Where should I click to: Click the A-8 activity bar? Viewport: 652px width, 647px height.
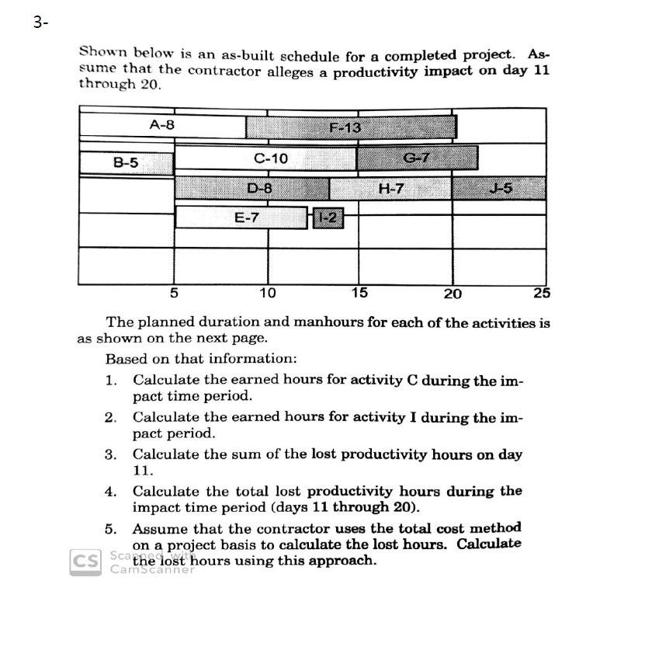pos(163,125)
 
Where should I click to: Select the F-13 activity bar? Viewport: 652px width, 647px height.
pos(351,127)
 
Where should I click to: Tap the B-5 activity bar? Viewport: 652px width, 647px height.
pos(126,162)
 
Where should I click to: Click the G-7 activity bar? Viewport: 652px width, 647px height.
pos(417,159)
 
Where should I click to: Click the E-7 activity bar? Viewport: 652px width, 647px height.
pos(241,217)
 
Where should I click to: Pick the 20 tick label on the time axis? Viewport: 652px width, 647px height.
pos(453,294)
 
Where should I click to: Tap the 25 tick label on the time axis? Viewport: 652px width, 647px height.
pos(542,294)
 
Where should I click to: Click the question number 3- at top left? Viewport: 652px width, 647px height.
pos(40,23)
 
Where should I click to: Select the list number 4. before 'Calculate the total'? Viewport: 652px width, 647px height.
pos(111,492)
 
